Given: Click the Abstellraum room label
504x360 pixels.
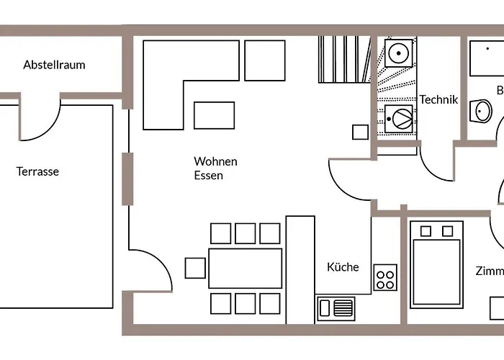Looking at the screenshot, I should coord(54,65).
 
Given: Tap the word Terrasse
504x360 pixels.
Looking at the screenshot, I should coord(37,171).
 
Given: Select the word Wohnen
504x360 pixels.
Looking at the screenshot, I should coord(215,161).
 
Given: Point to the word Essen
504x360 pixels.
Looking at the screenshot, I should coord(208,175).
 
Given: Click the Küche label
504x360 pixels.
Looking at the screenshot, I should coord(343,267).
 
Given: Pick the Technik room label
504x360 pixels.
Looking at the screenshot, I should coord(438,100).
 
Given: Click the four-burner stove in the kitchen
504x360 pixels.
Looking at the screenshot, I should coord(385,277).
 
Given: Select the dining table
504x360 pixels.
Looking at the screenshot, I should coord(245,268).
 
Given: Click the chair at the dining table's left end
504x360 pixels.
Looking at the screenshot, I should coord(195,268).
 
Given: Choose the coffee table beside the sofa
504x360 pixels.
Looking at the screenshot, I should coord(214,115).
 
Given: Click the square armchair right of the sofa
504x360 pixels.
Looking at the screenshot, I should coord(265,55).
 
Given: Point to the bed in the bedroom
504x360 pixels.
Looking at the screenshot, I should coord(436,264).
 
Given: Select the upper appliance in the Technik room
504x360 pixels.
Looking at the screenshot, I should coord(397,52).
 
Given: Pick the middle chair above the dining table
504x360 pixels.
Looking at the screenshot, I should coord(246,233).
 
